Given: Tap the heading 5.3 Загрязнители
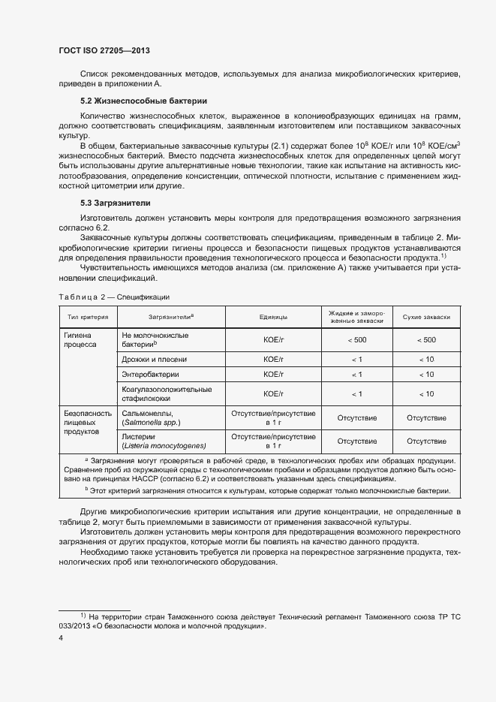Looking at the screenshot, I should (x=116, y=203).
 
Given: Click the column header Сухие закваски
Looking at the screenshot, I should (x=426, y=318).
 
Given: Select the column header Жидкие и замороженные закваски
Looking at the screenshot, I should (x=356, y=317).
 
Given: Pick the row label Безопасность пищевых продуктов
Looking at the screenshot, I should (x=87, y=423).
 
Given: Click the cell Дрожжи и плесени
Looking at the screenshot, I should (x=155, y=359).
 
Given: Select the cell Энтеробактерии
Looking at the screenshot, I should (x=150, y=374).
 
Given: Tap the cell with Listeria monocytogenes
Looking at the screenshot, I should (x=163, y=440).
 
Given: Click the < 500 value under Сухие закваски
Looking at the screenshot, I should (x=426, y=340).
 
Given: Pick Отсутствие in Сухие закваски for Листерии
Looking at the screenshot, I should (x=426, y=441).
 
